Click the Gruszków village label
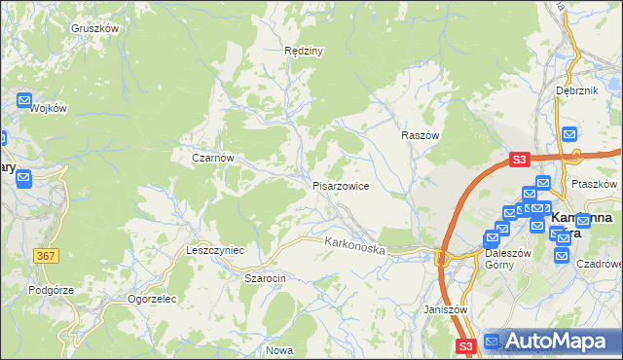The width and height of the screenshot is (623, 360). [x=94, y=28]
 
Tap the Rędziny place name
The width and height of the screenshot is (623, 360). [x=302, y=51]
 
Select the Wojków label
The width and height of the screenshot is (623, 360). [x=48, y=108]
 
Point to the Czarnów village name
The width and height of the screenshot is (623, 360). [x=213, y=157]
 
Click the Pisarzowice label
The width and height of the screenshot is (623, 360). [x=340, y=186]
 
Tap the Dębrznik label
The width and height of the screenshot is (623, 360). [x=575, y=90]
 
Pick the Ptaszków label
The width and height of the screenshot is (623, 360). [x=594, y=184]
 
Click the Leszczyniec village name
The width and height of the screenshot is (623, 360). [x=214, y=250]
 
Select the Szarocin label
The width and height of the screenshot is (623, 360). [x=264, y=278]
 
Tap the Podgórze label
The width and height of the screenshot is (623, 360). [x=51, y=289]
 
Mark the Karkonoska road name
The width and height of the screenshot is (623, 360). [x=355, y=244]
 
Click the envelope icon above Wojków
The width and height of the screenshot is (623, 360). [x=24, y=100]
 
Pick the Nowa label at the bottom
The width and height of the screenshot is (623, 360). [x=279, y=350]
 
